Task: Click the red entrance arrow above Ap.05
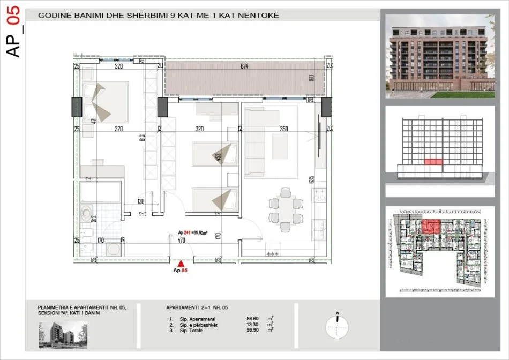pyautogui.click(x=182, y=263)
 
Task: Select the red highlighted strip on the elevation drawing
pyautogui.click(x=433, y=161)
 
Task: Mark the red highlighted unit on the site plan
pyautogui.click(x=431, y=227)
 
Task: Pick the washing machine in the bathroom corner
pyautogui.click(x=113, y=250)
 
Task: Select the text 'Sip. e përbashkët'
pyautogui.click(x=194, y=324)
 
